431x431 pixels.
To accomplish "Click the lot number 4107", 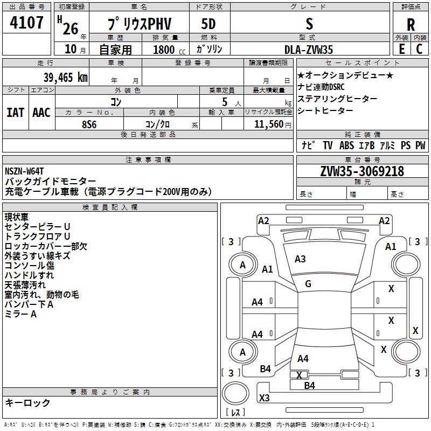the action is (26, 23).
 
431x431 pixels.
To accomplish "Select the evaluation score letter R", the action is (411, 24).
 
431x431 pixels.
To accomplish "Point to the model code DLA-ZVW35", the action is (309, 50).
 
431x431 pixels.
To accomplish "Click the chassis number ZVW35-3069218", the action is (362, 171).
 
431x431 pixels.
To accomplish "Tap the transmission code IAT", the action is (15, 113).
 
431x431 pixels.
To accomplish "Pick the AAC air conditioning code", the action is (41, 113).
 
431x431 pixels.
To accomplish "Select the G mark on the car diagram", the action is (308, 283).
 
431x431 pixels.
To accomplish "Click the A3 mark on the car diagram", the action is (300, 259).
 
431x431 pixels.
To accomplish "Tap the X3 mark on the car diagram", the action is (264, 398).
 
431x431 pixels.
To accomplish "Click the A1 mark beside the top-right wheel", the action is (391, 246).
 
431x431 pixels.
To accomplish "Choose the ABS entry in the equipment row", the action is (346, 145).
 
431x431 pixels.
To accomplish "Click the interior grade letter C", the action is (419, 48).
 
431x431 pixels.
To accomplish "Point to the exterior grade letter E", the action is (401, 48).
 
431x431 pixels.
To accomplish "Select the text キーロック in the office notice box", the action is (27, 402).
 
